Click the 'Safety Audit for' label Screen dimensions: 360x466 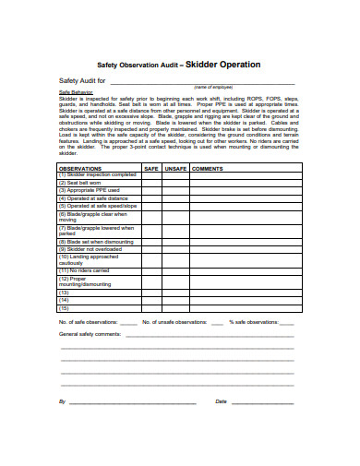tap(81, 81)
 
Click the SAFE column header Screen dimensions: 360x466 tap(150, 169)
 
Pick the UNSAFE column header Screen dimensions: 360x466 tap(175, 169)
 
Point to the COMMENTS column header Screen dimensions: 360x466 tap(208, 169)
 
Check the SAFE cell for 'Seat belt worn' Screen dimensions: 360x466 tap(150, 183)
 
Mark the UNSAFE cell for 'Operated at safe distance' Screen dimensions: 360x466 tap(175, 197)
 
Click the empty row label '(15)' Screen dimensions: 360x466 tap(65, 307)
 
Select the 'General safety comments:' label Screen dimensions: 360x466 tap(90, 333)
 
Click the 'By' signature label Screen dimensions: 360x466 tap(62, 401)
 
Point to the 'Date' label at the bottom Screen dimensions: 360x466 tap(221, 401)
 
